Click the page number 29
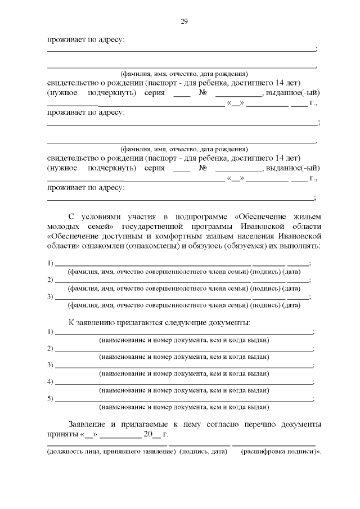184,22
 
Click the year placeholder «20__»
151,434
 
